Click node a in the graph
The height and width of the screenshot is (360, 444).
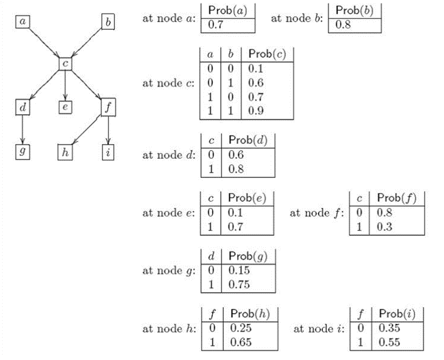click(x=24, y=22)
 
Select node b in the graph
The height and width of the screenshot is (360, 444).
click(x=108, y=22)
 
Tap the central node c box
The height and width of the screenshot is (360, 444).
click(x=65, y=64)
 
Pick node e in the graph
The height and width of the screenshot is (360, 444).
click(x=65, y=107)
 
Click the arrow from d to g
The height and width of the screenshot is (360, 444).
click(x=24, y=130)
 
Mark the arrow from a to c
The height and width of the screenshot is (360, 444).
click(x=44, y=43)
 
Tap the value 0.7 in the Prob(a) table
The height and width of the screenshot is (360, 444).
click(x=217, y=25)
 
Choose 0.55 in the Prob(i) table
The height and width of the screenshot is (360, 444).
click(x=390, y=342)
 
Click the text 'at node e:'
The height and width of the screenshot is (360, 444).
click(x=168, y=212)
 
